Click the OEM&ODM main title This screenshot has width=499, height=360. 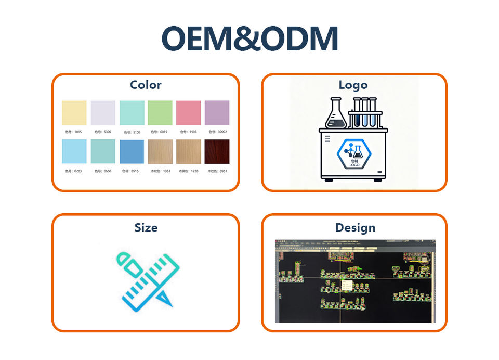pos(249,38)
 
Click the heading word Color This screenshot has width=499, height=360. pos(146,85)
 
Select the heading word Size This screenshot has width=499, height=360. pos(146,227)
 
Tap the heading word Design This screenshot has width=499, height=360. pos(355,227)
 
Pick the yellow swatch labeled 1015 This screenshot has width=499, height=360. pos(74,112)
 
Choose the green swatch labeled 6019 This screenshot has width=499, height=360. pos(160,112)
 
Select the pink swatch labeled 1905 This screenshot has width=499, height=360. pos(188,112)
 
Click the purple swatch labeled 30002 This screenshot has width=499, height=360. pos(217,112)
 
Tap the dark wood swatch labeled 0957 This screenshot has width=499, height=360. pos(217,152)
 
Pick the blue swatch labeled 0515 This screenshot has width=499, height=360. pos(132,152)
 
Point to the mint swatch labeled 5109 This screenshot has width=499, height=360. pos(132,112)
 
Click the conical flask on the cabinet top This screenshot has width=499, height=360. pos(336,114)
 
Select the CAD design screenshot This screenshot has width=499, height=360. pos(355,281)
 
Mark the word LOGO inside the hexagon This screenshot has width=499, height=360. pos(354,165)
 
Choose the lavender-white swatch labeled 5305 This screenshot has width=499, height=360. pos(103,112)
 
